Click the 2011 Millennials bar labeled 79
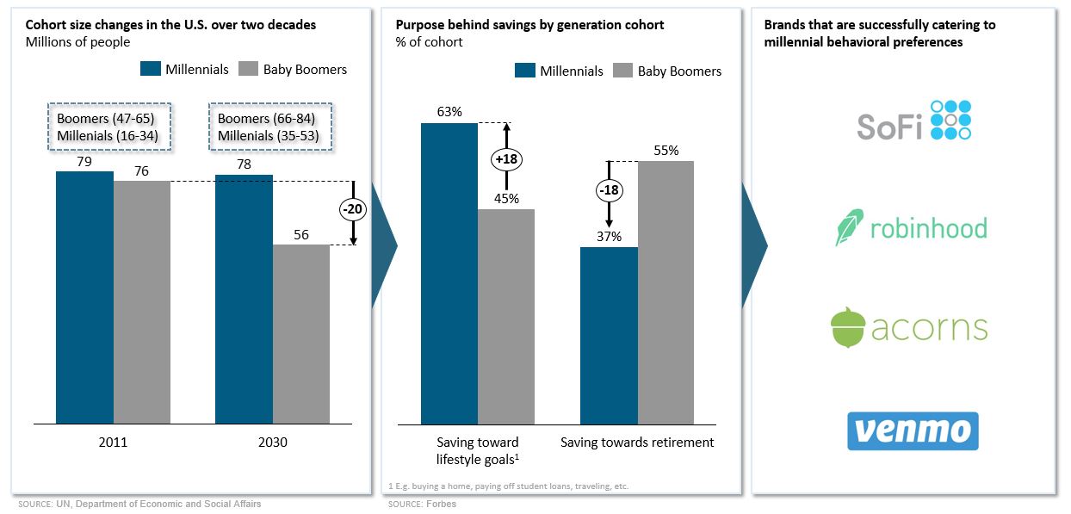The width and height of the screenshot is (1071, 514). pyautogui.click(x=84, y=297)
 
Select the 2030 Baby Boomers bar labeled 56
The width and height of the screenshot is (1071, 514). pyautogui.click(x=301, y=334)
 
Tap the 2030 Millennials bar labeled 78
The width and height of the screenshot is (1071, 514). pyautogui.click(x=244, y=299)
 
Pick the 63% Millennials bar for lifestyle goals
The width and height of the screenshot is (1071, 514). pyautogui.click(x=449, y=273)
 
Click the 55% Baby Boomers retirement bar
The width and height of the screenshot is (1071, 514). pyautogui.click(x=666, y=292)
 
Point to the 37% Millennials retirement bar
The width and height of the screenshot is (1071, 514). pyautogui.click(x=609, y=335)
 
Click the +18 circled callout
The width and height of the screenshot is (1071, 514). pyautogui.click(x=507, y=159)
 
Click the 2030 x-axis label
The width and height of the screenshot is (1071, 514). pyautogui.click(x=272, y=443)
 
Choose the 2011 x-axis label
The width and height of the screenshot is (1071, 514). pyautogui.click(x=113, y=443)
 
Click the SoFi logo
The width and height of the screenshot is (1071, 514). pyautogui.click(x=913, y=121)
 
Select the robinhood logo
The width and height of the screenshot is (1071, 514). pyautogui.click(x=911, y=228)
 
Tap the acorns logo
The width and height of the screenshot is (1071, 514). pyautogui.click(x=908, y=327)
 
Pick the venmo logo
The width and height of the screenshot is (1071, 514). pyautogui.click(x=913, y=430)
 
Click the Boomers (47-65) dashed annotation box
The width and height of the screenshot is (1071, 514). pyautogui.click(x=108, y=127)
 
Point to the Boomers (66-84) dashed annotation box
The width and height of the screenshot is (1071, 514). pyautogui.click(x=269, y=127)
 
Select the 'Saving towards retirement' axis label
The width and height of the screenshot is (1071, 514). pyautogui.click(x=637, y=443)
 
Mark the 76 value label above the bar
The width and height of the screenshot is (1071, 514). pyautogui.click(x=141, y=171)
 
